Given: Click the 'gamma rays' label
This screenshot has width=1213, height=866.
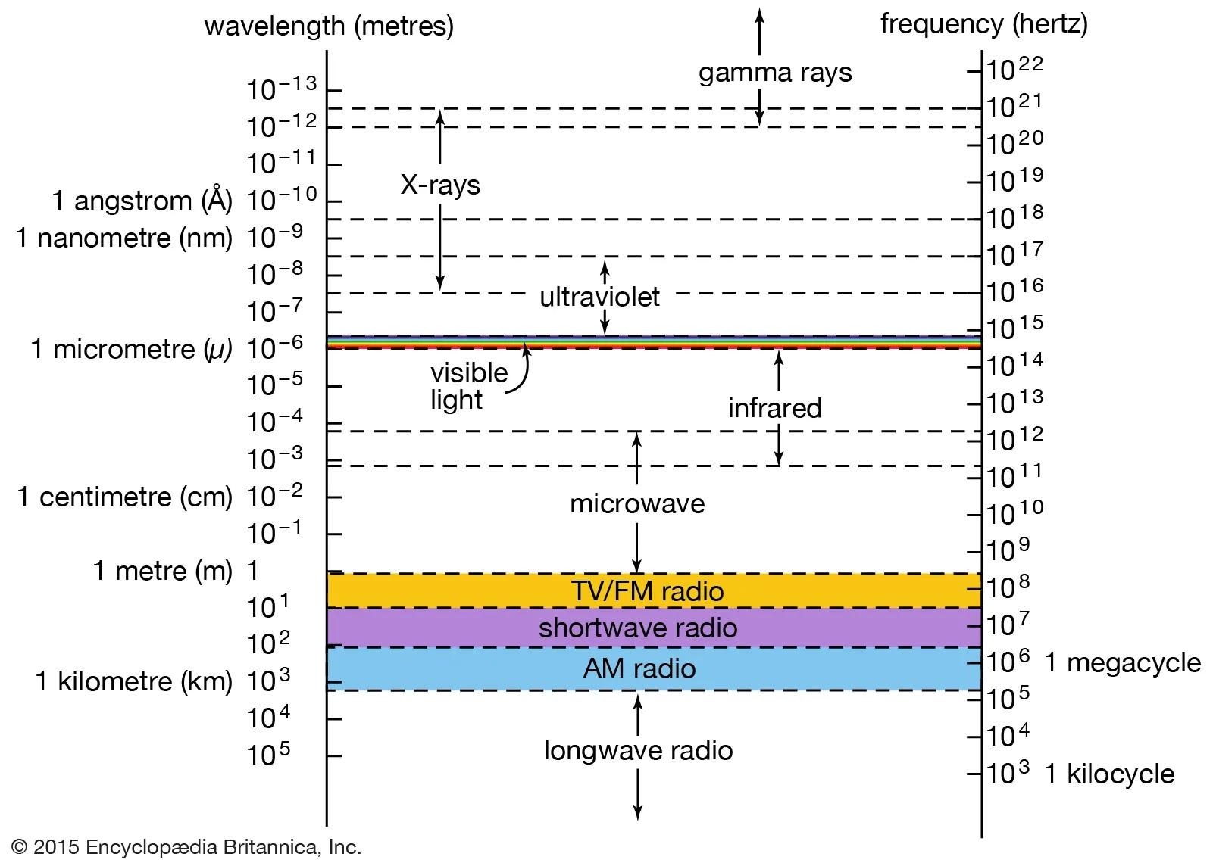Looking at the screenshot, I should (x=774, y=73).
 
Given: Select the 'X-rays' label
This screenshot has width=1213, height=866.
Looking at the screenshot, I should (x=440, y=185).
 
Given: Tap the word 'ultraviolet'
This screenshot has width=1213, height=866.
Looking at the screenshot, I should (x=599, y=297).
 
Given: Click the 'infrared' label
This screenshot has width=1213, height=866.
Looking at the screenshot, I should (x=774, y=408).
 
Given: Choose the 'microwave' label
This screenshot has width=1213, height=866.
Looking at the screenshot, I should (x=636, y=503).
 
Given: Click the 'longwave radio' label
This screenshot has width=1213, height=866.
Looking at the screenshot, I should (x=638, y=750).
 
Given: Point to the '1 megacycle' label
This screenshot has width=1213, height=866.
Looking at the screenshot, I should (x=1122, y=663).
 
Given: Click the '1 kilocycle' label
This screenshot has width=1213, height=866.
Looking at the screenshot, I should (x=1109, y=774).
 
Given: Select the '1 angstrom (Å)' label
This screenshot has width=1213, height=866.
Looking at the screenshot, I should (x=142, y=201).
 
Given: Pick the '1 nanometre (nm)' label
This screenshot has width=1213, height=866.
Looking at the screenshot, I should (x=124, y=238).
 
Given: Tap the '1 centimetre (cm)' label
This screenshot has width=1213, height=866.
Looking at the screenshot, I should (x=125, y=497).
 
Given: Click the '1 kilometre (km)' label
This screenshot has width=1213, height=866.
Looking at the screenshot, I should (x=134, y=681).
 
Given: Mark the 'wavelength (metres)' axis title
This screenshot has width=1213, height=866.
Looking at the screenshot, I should (x=329, y=26).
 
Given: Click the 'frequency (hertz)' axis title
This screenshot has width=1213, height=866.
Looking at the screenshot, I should (x=983, y=24).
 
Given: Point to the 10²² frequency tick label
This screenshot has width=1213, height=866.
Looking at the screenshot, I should (x=1014, y=70).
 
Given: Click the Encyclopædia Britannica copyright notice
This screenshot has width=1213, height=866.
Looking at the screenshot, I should (x=186, y=846).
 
